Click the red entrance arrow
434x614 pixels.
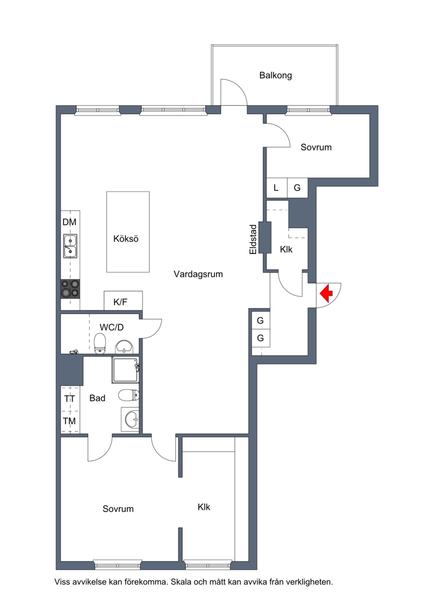pos(326,293)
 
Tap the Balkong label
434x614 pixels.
pos(276,75)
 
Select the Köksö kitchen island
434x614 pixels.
pos(128,232)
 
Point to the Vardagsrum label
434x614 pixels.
pos(199,274)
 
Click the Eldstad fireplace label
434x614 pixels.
pos(253,239)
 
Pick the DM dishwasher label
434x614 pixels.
pos(69,222)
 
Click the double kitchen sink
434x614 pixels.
pos(71,246)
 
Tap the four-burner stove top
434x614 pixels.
pos(71,289)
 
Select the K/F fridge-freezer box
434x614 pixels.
pos(123,301)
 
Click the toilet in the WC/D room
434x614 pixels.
pos(100,344)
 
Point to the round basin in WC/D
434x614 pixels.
pos(124,346)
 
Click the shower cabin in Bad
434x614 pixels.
pos(125,370)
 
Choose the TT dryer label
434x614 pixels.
pos(69,398)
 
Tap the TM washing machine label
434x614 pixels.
pos(69,421)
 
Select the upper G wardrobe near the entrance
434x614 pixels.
pos(260,320)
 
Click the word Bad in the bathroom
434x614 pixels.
pos(98,398)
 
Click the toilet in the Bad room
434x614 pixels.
pos(129,395)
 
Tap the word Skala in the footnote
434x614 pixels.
pos(181,582)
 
